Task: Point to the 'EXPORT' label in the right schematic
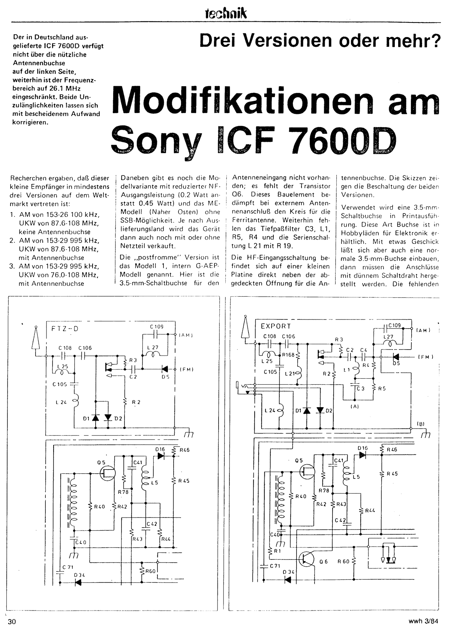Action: (x=276, y=326)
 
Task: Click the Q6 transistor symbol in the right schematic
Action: (x=307, y=559)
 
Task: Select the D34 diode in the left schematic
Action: (x=79, y=582)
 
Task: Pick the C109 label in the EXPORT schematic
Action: (x=394, y=325)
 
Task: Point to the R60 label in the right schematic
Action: (x=343, y=561)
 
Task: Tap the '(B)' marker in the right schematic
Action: (x=420, y=424)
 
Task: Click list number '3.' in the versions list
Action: (x=12, y=266)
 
